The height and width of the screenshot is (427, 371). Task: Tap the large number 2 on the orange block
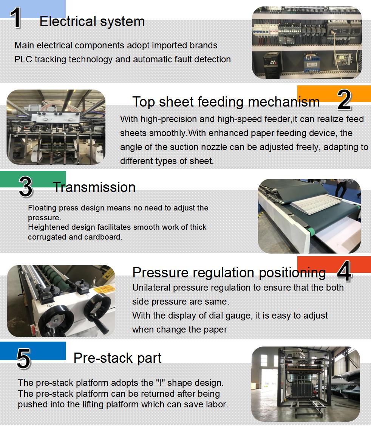point(344,100)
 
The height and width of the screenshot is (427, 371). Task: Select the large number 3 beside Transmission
point(26,187)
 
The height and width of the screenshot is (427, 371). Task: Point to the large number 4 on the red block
point(343,271)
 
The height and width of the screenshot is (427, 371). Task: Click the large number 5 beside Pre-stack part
point(23,359)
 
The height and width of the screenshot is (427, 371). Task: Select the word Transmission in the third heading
point(94,187)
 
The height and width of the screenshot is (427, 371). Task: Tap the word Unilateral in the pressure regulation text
point(152,288)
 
